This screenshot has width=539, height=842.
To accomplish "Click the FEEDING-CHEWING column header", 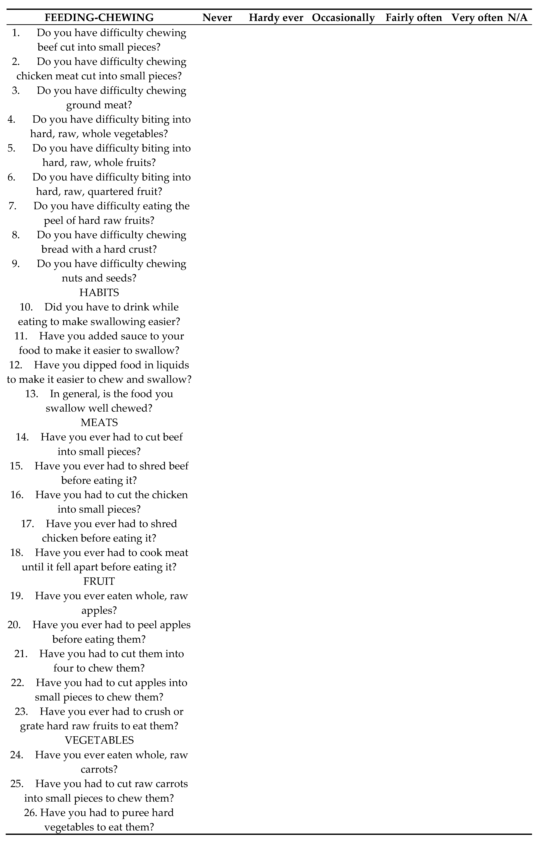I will pyautogui.click(x=99, y=18).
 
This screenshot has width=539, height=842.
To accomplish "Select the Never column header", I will pyautogui.click(x=217, y=18).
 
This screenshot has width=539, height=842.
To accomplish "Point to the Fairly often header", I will pyautogui.click(x=414, y=18).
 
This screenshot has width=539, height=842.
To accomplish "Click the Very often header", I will pyautogui.click(x=477, y=18).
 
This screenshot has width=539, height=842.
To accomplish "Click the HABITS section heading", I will pyautogui.click(x=99, y=292).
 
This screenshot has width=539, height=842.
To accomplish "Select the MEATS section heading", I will pyautogui.click(x=99, y=422).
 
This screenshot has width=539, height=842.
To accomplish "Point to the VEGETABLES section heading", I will pyautogui.click(x=99, y=740).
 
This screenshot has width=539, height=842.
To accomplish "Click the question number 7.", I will pyautogui.click(x=13, y=206).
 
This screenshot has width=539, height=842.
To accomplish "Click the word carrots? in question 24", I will pyautogui.click(x=99, y=769).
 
